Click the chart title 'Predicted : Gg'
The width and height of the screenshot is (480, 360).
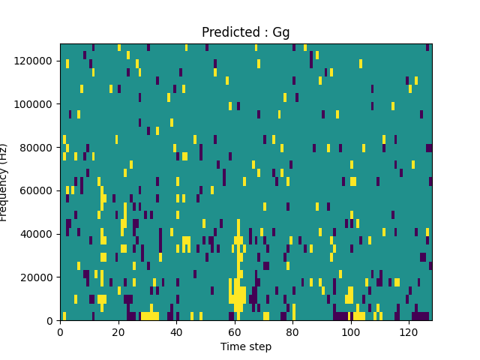246,32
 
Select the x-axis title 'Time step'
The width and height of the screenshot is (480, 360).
246,346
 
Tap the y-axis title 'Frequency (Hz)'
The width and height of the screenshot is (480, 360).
4,182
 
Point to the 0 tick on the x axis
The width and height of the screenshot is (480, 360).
60,331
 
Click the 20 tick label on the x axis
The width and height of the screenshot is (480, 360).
118,331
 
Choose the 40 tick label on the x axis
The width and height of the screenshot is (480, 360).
176,331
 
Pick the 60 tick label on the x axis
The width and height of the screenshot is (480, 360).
235,331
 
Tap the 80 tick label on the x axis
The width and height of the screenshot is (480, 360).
292,331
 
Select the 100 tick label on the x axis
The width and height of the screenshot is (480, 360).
350,331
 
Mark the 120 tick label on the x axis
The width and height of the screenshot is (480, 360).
409,331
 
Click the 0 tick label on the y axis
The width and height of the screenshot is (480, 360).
51,321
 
